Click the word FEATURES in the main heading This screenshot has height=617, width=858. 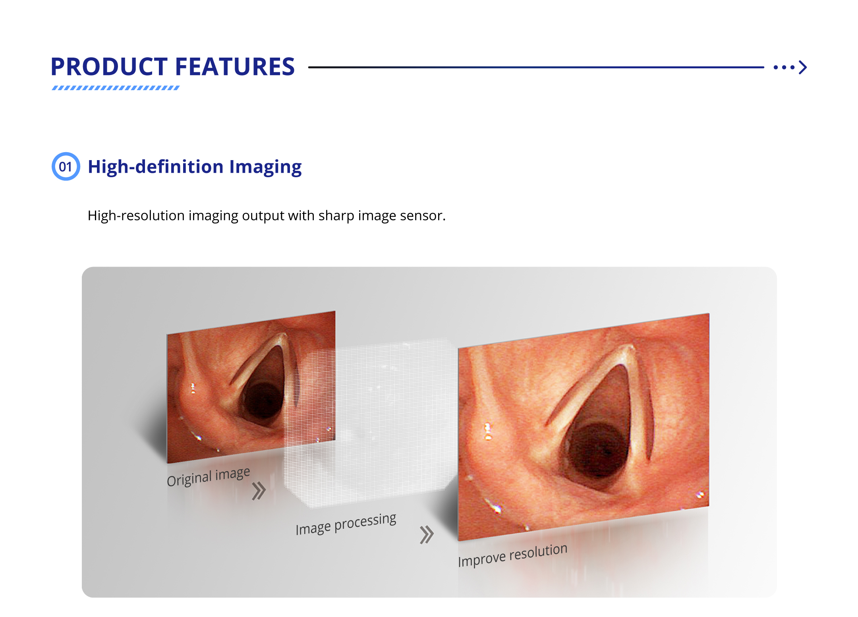tap(235, 66)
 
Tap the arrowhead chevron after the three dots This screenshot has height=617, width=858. tap(803, 67)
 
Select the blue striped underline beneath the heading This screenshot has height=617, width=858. tap(116, 88)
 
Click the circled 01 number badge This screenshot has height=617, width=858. tap(66, 166)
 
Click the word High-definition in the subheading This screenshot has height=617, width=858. tap(156, 166)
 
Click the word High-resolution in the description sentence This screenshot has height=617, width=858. tap(136, 216)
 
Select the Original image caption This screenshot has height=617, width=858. tap(208, 476)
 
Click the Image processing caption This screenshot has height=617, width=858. tap(346, 524)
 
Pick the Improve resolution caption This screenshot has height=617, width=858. tap(512, 555)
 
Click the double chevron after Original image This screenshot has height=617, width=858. tap(259, 491)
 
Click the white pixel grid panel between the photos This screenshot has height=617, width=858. tap(371, 421)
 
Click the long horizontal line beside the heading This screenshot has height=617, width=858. tap(536, 67)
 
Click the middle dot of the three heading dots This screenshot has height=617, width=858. tap(784, 68)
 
